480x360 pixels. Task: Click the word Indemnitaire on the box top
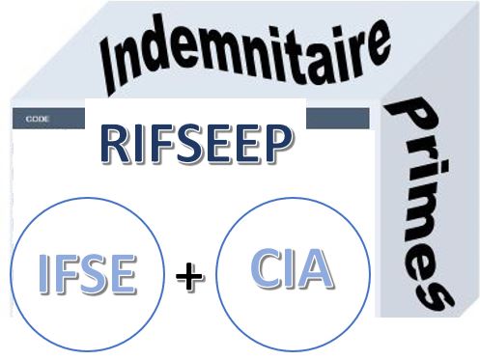click(245, 55)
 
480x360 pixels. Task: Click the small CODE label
click(38, 119)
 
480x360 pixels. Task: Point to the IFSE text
click(87, 273)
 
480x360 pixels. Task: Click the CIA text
click(293, 268)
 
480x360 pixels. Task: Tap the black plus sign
click(189, 277)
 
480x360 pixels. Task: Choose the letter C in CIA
click(267, 268)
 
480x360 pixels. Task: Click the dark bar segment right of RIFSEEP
click(337, 119)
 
